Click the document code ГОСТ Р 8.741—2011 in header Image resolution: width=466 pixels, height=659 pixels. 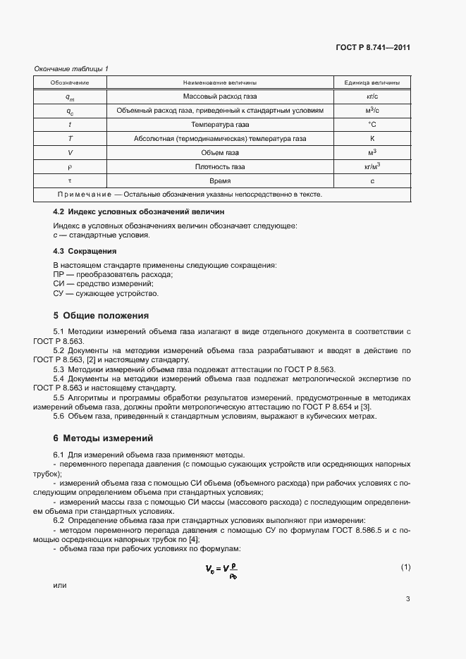pos(373,48)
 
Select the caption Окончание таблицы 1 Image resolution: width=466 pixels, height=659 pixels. pos(72,68)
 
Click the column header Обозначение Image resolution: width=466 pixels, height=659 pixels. pos(69,82)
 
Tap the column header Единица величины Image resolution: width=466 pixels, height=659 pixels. pos(372,82)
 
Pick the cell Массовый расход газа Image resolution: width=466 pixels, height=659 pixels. pos(220,97)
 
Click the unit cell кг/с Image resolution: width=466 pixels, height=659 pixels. pos(372,97)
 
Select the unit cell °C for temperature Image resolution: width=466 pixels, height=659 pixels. pos(372,125)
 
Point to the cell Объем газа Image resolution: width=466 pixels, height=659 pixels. pos(220,153)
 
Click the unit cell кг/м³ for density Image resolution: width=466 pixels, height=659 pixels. pos(372,166)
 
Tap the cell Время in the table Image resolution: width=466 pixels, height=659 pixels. pos(220,181)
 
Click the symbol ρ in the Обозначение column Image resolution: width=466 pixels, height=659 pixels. pos(69,167)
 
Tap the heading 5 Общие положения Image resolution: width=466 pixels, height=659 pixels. pos(101,316)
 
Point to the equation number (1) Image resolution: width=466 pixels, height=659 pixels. pos(405,567)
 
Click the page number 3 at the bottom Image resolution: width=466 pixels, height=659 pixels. pos(407,599)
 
